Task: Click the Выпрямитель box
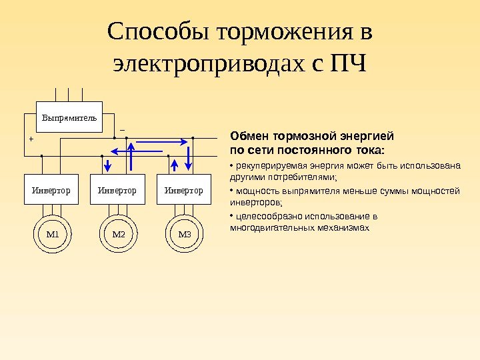point(69,117)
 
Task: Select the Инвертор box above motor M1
point(51,190)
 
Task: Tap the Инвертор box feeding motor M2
point(117,190)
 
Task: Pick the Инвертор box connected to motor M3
point(183,190)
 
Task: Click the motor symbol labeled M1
point(52,234)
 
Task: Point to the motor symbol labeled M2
point(118,234)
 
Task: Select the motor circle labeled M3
point(184,234)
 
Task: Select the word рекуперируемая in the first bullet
point(265,166)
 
